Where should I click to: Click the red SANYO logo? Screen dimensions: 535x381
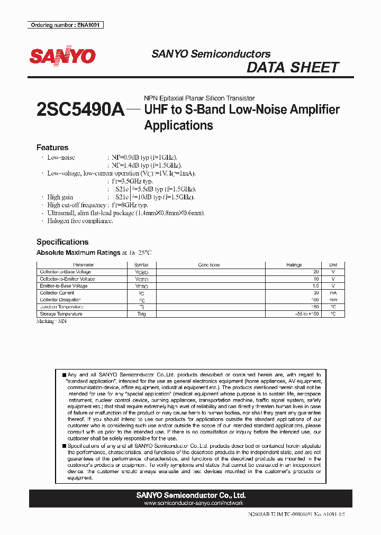[x=62, y=57]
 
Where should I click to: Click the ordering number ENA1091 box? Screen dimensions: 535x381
[x=66, y=25]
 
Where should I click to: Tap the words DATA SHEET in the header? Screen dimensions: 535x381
[x=293, y=68]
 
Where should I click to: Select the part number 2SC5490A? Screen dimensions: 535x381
[x=80, y=109]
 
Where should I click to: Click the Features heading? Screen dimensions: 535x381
[x=52, y=147]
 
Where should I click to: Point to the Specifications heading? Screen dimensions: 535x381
[x=62, y=242]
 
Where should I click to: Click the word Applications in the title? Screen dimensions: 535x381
[x=178, y=125]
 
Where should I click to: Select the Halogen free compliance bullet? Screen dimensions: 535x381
[x=80, y=220]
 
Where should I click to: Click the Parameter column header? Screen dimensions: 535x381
[x=84, y=265]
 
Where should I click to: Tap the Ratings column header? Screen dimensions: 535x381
[x=294, y=265]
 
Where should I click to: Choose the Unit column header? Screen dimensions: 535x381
[x=333, y=265]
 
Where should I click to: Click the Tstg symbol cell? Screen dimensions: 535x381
[x=141, y=314]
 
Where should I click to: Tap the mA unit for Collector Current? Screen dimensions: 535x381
[x=333, y=293]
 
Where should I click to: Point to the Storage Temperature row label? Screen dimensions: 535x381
[x=61, y=314]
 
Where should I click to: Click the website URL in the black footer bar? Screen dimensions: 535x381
[x=190, y=504]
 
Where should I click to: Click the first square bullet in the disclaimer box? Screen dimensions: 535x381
[x=64, y=375]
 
